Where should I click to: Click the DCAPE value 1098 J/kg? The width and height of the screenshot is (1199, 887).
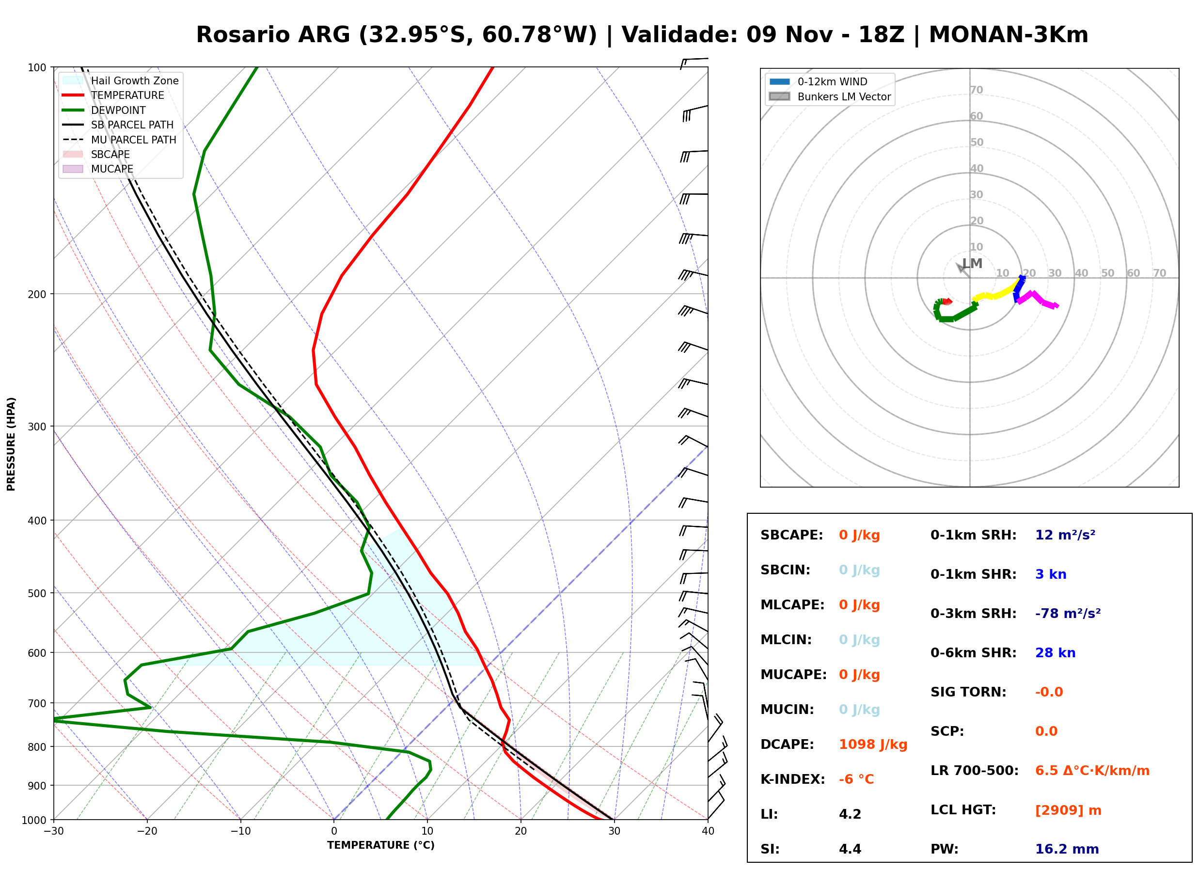click(873, 744)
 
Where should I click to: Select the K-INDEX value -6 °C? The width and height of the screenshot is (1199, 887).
click(856, 779)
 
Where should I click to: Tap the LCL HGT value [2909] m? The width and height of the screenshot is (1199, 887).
click(1068, 810)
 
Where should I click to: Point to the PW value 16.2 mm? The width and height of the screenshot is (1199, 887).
click(1066, 849)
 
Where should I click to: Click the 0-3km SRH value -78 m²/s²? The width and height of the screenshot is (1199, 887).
click(1068, 613)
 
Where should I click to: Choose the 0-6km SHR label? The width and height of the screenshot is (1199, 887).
click(973, 653)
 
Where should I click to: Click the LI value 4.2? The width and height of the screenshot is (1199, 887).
click(850, 814)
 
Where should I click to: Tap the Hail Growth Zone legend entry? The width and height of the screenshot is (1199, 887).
click(121, 80)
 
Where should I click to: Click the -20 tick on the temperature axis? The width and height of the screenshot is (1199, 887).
click(147, 832)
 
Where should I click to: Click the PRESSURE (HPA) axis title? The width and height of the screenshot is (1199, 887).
click(11, 444)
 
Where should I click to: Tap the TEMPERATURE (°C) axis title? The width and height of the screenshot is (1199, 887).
click(381, 846)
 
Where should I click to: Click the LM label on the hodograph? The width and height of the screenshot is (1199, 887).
click(972, 264)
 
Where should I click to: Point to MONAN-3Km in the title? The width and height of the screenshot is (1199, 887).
click(1009, 35)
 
